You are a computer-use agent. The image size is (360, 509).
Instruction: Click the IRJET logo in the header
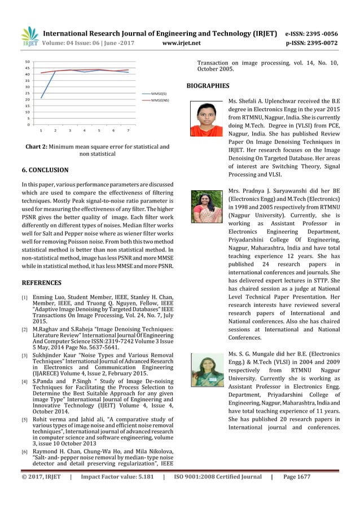29,36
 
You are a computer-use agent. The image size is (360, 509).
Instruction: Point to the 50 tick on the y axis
28,61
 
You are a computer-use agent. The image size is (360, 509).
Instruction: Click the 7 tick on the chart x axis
128,130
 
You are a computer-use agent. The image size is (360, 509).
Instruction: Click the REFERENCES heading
41,282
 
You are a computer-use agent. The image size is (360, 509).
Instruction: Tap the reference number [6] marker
24,452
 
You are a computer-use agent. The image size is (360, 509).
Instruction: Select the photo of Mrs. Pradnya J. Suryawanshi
207,206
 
